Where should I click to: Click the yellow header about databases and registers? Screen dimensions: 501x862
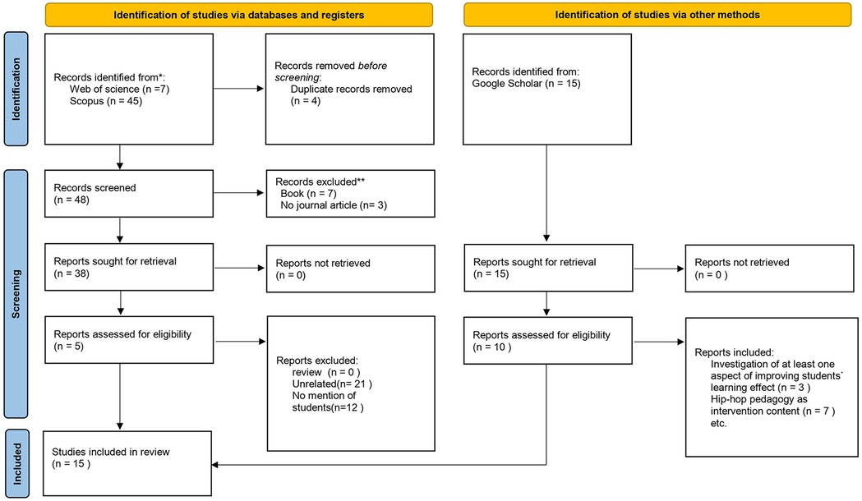(x=238, y=14)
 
